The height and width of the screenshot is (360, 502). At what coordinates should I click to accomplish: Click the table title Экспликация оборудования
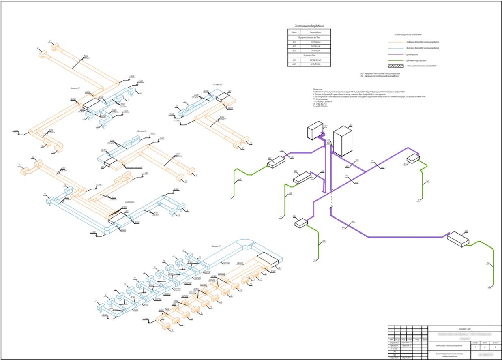309,26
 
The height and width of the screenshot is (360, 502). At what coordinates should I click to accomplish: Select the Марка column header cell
294,32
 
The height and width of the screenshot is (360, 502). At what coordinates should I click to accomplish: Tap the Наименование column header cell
315,32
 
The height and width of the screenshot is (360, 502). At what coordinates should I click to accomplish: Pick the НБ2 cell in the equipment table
294,64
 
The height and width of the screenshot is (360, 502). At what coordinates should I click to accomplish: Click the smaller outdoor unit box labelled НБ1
315,130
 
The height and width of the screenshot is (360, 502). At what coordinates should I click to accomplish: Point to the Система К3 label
75,88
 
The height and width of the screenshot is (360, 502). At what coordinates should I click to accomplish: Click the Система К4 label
142,131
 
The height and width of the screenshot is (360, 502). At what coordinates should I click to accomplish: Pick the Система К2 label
130,201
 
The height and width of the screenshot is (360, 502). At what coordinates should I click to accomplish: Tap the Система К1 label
216,246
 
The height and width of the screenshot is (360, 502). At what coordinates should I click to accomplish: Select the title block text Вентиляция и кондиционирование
443,345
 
